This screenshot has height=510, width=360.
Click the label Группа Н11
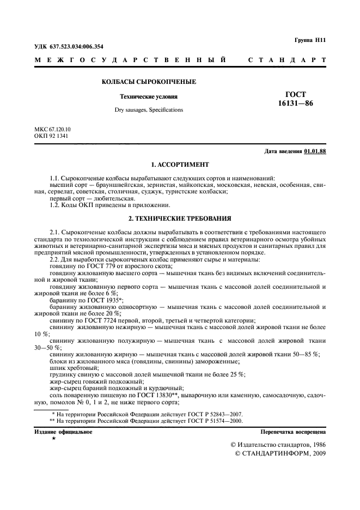tap(309, 40)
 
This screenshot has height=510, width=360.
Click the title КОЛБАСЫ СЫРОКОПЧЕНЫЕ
tap(149, 82)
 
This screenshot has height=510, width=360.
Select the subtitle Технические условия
tap(149, 97)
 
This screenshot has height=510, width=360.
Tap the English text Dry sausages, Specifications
tap(149, 110)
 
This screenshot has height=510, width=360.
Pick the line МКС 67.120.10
tap(52, 129)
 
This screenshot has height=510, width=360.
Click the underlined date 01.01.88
tap(315, 151)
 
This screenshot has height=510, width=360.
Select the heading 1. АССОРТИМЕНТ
tap(180, 164)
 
